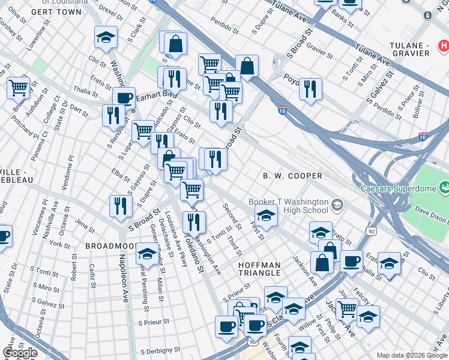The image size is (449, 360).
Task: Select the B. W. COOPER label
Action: pos(293,176)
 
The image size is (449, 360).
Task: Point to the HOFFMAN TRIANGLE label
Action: pos(259,269)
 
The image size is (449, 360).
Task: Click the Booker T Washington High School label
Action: pos(289,206)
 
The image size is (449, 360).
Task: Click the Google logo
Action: pos(20,353)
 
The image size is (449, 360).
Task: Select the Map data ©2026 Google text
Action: pos(411,355)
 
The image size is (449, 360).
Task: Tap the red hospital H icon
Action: pos(444,45)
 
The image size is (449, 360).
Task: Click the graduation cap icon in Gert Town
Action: pos(106,38)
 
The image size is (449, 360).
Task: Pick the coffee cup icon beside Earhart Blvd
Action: pos(124,98)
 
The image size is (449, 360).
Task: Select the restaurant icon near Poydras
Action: pos(310,89)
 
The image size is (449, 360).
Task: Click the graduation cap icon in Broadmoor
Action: pos(147,254)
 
